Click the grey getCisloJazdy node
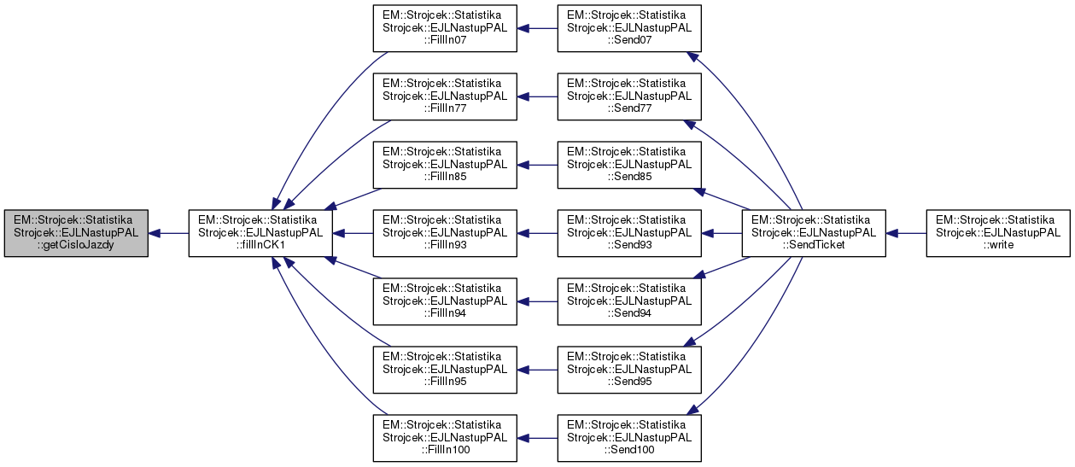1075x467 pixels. tap(76, 232)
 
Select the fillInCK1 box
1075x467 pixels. tap(260, 232)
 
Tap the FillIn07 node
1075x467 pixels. tap(445, 28)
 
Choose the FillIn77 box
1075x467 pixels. tap(445, 96)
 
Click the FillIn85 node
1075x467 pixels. tap(445, 164)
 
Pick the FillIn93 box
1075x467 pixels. tap(445, 232)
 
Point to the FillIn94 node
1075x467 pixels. tap(445, 301)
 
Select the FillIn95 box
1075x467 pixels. tap(445, 369)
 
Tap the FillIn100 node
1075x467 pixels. tap(445, 437)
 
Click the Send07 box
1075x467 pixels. tap(629, 28)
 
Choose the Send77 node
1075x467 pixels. tap(629, 96)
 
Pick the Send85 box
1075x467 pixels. tap(629, 164)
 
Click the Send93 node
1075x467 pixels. tap(629, 232)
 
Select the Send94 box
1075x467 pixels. tap(629, 301)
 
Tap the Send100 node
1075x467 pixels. tap(629, 437)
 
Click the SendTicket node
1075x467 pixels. tap(813, 232)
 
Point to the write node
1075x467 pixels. tap(998, 232)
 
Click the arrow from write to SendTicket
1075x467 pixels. tap(906, 232)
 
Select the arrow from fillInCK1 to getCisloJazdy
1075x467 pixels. tap(168, 232)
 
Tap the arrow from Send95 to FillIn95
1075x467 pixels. tap(537, 369)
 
